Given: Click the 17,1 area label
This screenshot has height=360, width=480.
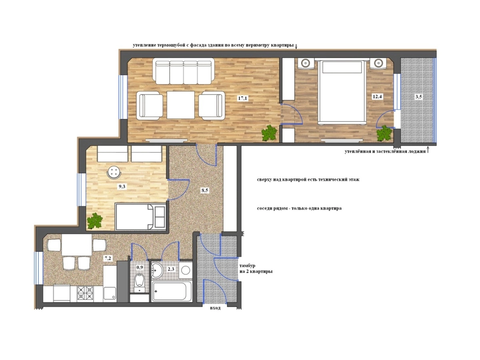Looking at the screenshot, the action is (242, 98).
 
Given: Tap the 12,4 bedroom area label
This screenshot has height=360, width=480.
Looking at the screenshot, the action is (377, 96).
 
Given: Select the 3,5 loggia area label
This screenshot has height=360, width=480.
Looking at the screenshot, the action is (418, 97).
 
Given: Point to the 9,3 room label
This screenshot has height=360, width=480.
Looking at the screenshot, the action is (122, 187).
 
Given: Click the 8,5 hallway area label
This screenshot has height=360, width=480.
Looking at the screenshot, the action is (205, 190).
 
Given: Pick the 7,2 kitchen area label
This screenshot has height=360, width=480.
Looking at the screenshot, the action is (107, 258).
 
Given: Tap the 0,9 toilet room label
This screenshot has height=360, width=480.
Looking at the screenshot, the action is (140, 267).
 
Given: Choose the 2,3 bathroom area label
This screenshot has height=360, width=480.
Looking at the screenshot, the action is (171, 269).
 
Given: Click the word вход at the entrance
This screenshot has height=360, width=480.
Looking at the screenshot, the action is (215, 308).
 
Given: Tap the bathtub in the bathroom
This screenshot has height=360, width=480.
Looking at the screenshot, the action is (172, 291).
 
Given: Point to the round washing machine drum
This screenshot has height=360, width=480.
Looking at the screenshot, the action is (186, 270).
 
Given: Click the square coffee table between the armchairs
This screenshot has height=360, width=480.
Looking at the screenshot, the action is (181, 105).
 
